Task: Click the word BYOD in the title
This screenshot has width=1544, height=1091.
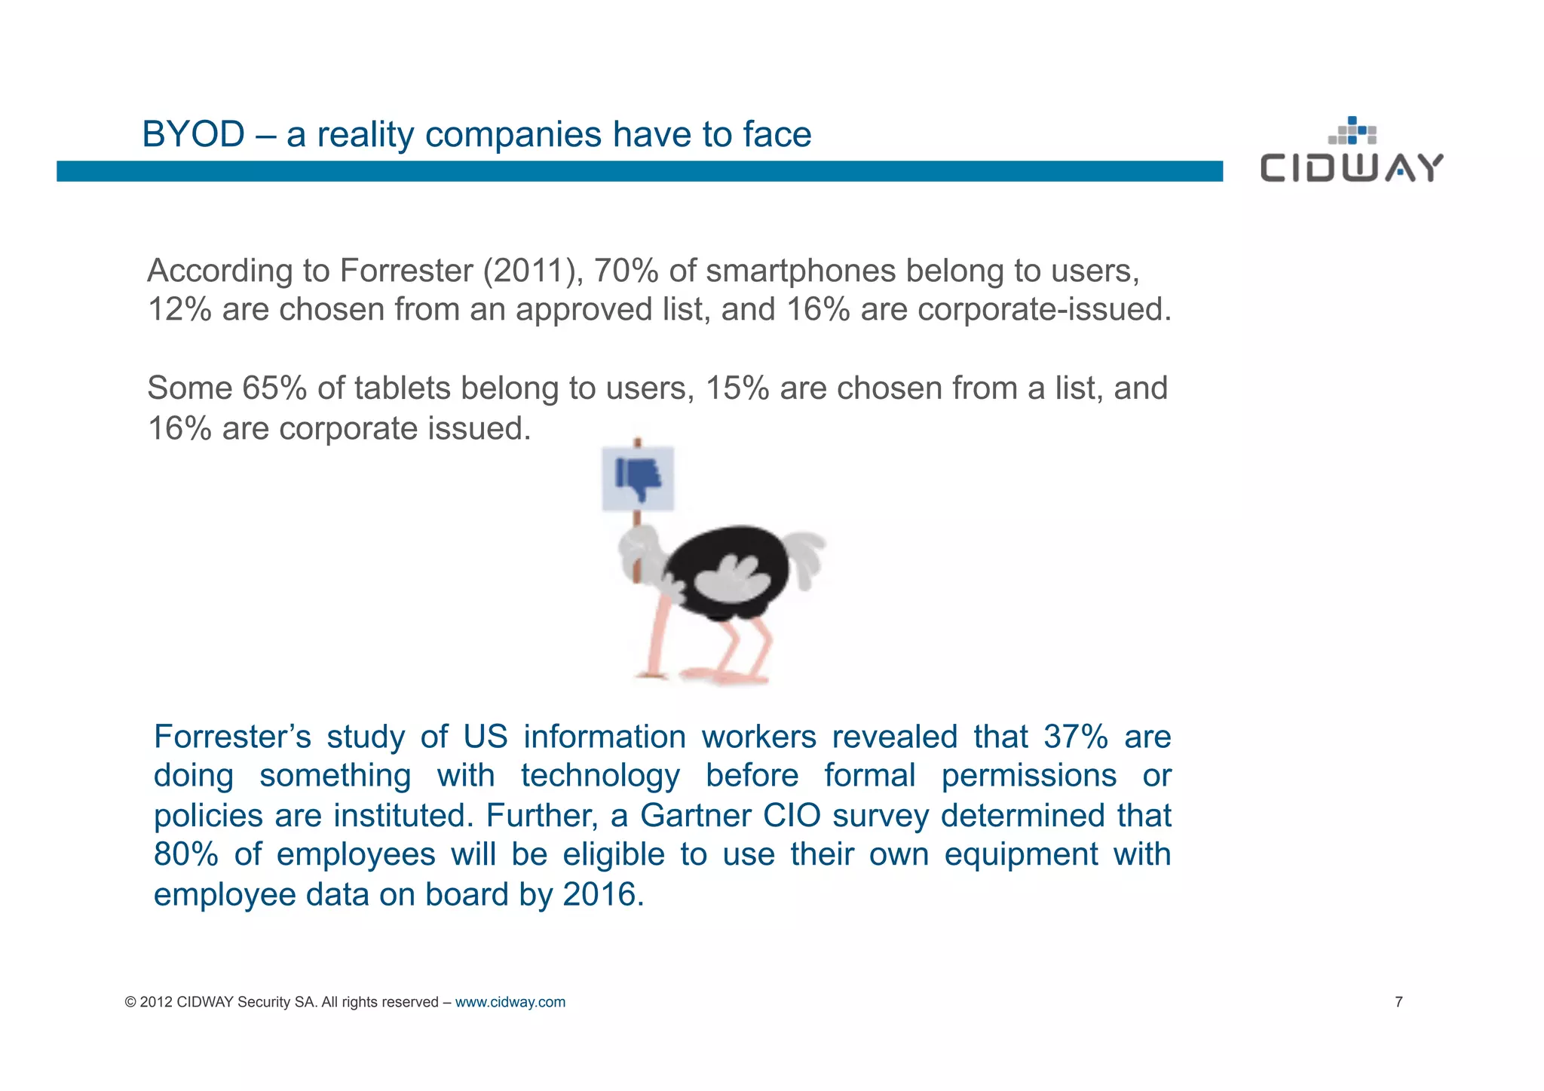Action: coord(193,135)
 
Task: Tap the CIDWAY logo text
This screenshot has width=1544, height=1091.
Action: coord(1352,168)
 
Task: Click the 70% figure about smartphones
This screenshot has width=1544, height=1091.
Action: coord(626,271)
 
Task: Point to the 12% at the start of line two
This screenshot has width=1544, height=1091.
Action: coord(179,310)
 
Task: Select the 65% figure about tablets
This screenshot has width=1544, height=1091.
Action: coord(274,388)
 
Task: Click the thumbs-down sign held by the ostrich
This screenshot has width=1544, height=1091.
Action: coord(638,479)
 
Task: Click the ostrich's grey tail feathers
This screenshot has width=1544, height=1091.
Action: coord(807,558)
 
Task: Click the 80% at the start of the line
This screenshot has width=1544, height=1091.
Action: coord(186,855)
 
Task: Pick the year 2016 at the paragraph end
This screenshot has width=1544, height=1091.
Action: coord(600,895)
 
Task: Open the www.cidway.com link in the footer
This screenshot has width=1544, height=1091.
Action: coord(510,1002)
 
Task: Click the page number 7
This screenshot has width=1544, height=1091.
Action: coord(1398,1002)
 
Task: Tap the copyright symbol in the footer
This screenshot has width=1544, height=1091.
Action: coord(130,1002)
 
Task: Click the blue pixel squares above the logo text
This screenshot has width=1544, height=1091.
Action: coord(1353,130)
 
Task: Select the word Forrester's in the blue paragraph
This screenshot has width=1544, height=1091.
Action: coord(232,737)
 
